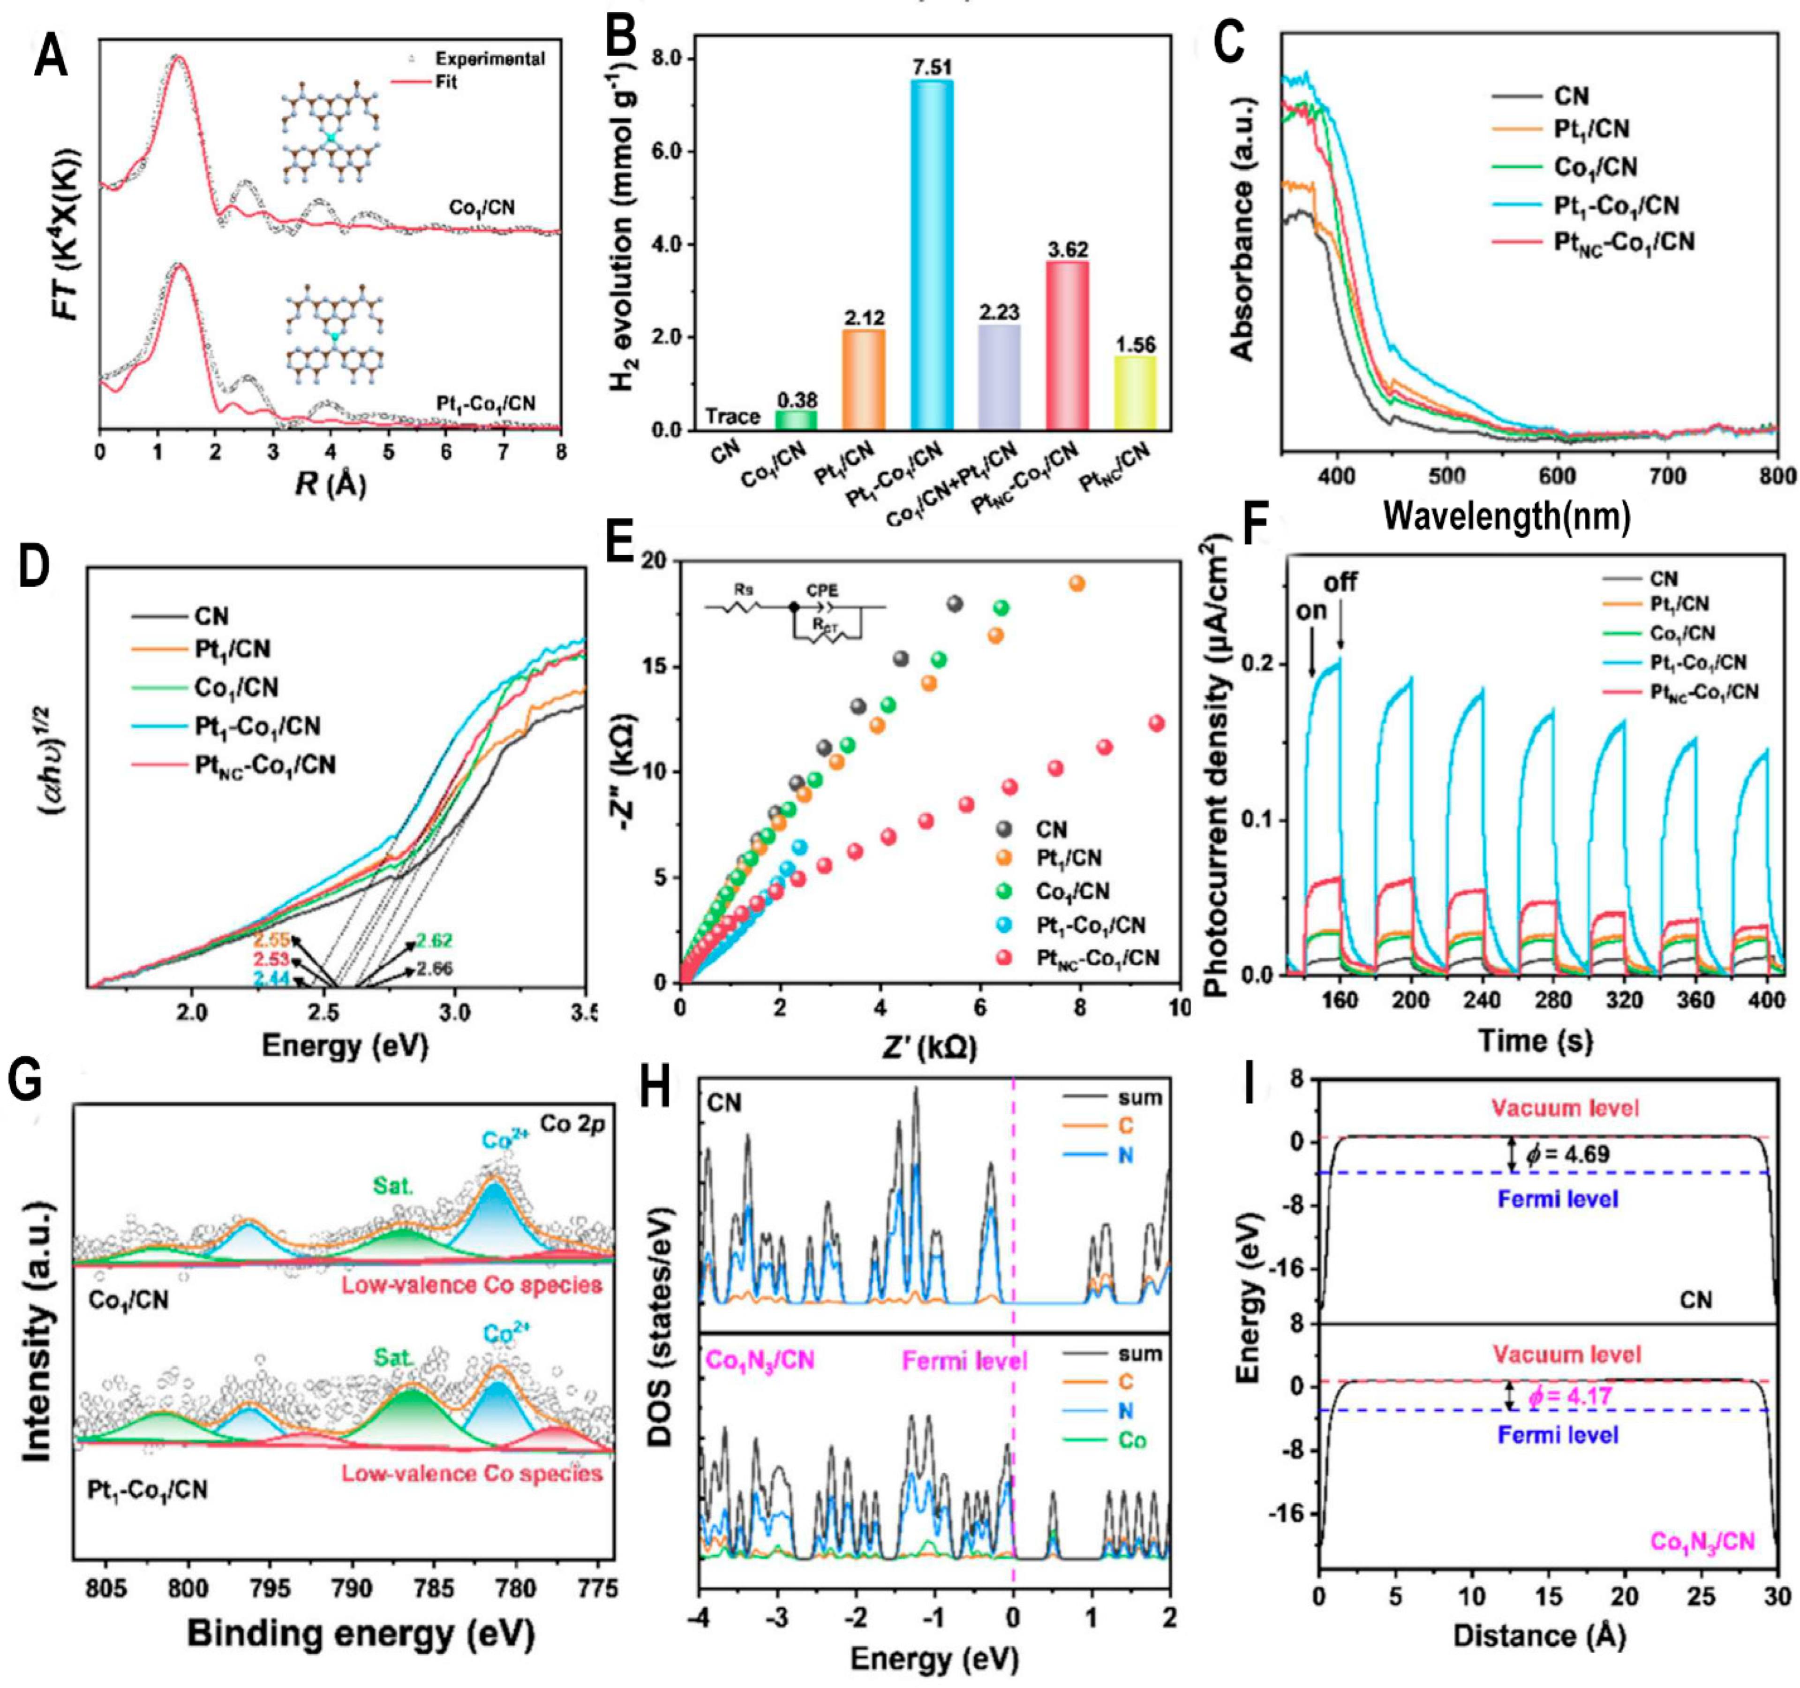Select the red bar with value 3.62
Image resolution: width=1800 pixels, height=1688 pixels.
(x=1067, y=344)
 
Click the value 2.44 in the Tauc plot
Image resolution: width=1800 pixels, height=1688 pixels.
(x=271, y=979)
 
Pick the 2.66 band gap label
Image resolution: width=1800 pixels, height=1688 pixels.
(x=436, y=968)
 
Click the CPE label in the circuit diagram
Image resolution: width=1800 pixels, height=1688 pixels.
(x=822, y=590)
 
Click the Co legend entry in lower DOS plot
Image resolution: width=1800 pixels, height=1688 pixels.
(x=1132, y=1440)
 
